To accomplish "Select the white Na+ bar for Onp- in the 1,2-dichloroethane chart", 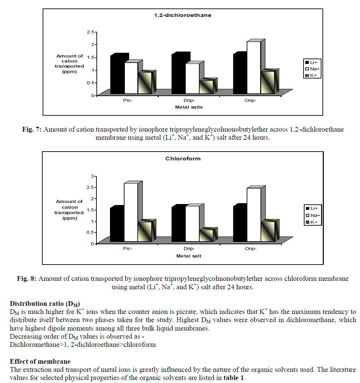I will tap(254, 68).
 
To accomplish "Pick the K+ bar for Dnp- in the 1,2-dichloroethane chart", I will tap(206, 87).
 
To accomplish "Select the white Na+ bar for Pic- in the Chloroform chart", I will tap(131, 212).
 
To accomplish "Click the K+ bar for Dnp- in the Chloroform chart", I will tap(206, 235).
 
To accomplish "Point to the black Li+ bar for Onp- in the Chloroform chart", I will tap(241, 224).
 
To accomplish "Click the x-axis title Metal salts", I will tap(189, 107).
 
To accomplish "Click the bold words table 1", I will tap(233, 378).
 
